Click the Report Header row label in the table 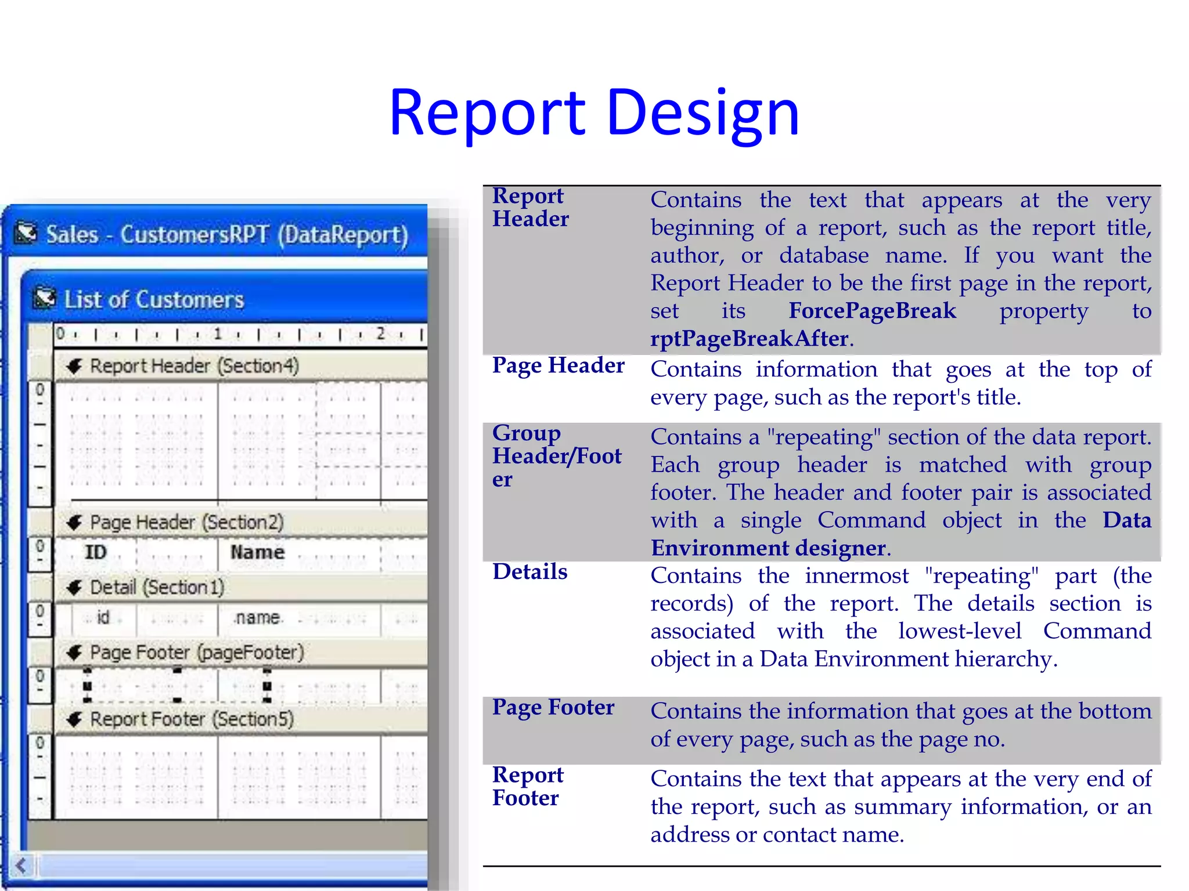530,208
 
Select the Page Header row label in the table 558,365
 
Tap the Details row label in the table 529,572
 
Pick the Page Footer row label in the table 553,708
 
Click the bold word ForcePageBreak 871,311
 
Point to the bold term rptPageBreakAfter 749,339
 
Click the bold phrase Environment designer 768,548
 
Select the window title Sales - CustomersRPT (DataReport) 226,235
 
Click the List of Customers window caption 154,300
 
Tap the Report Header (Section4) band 194,366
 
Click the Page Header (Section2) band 186,522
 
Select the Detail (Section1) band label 157,587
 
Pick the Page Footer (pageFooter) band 196,653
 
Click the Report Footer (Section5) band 192,719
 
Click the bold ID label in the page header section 96,552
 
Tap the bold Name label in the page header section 257,552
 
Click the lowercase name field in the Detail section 257,618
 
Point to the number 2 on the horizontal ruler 380,334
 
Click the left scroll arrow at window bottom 21,866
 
